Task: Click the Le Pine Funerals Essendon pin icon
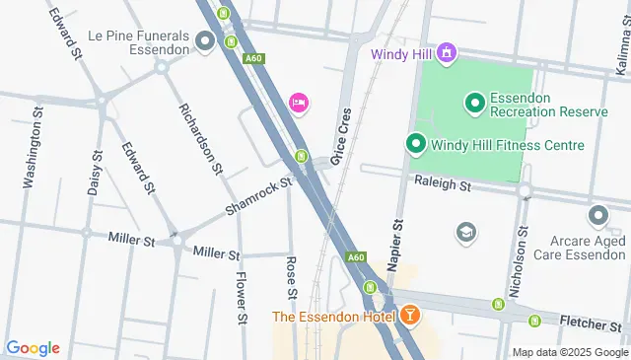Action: point(205,40)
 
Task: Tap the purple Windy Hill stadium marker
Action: point(447,51)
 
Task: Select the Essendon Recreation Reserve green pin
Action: point(474,102)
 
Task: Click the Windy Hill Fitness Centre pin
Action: point(416,145)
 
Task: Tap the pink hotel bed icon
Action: point(298,103)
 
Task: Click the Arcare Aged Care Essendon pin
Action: point(597,215)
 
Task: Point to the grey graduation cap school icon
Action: point(464,232)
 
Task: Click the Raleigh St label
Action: point(443,183)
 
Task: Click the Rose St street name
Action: point(292,278)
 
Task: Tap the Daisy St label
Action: point(95,174)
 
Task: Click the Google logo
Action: point(33,347)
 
